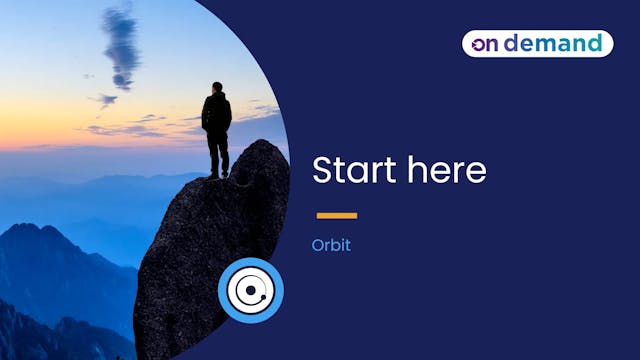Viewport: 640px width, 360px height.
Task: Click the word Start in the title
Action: click(354, 170)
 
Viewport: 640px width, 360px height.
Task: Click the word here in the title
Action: click(446, 170)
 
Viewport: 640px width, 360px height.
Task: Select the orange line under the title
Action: click(337, 215)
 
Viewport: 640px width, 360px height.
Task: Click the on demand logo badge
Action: click(537, 43)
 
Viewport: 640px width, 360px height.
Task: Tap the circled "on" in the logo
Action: click(484, 43)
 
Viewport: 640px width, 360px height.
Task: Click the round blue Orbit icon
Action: click(251, 291)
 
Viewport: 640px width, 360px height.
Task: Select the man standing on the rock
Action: click(217, 128)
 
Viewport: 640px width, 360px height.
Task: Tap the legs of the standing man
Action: click(218, 155)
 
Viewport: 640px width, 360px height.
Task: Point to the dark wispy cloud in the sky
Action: click(121, 45)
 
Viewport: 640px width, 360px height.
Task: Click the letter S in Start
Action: click(323, 170)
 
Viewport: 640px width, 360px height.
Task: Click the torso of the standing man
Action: click(217, 113)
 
